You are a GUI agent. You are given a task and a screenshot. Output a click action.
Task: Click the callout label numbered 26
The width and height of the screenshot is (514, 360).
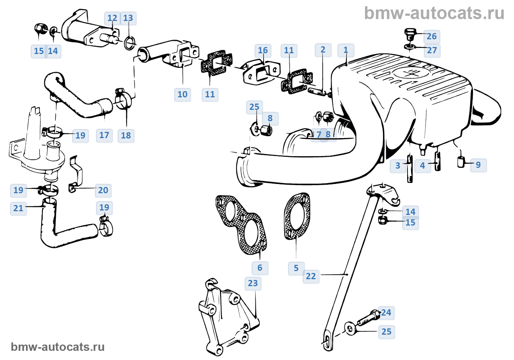point(432,36)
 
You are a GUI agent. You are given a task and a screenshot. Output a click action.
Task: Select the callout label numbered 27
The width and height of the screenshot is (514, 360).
point(432,50)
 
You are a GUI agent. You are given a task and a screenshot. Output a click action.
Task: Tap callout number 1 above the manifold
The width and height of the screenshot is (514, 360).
point(345,50)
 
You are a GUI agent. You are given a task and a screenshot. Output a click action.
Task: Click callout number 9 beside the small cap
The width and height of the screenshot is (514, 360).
point(478,165)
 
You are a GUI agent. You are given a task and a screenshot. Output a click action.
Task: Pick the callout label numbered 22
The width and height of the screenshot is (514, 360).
point(311,276)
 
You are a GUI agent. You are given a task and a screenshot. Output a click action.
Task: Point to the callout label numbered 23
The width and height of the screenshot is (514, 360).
point(253,283)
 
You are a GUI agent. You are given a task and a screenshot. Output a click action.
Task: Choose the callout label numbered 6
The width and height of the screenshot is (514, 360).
point(260,268)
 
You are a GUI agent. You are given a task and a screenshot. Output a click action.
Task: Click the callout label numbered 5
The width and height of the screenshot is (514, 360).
point(296,268)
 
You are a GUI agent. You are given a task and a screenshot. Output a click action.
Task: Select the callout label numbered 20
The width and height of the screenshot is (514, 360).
point(103,190)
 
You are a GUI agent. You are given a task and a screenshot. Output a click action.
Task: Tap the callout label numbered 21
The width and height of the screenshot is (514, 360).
point(18,208)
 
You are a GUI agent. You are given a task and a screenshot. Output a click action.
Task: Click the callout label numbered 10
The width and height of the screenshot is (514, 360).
point(182,94)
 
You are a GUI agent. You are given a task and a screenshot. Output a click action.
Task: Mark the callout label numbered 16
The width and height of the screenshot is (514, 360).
point(263,50)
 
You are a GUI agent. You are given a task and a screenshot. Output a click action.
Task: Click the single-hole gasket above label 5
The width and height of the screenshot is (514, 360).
point(297,217)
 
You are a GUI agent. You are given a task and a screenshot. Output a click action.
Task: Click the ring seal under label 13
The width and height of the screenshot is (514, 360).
point(129,43)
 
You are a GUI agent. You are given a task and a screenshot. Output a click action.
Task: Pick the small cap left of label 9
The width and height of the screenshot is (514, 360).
point(461,162)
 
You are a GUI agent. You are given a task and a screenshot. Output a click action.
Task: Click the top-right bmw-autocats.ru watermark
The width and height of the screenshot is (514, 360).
point(434,13)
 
